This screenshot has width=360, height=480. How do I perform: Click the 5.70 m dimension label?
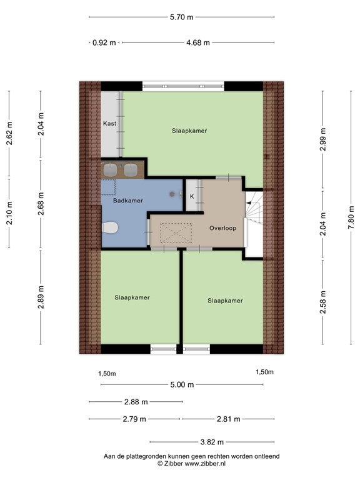click(x=181, y=17)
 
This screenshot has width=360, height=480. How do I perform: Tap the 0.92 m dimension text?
click(x=104, y=42)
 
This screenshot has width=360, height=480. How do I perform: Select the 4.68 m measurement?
click(x=198, y=42)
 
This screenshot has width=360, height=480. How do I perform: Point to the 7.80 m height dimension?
click(x=351, y=217)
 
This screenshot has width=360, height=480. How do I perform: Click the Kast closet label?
click(x=109, y=123)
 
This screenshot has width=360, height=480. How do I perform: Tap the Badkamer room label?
click(x=128, y=201)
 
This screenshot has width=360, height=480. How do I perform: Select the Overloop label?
click(x=223, y=228)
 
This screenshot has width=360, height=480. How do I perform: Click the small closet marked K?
click(x=192, y=196)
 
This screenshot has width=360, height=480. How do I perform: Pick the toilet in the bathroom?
click(x=109, y=227)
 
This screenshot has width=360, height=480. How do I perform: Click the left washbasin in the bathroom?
click(x=110, y=170)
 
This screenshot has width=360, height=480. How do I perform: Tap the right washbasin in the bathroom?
click(x=131, y=170)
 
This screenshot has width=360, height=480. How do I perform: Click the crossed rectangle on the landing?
click(x=176, y=233)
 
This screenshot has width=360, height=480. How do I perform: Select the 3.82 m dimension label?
click(x=212, y=442)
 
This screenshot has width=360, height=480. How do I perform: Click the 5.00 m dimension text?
click(x=182, y=384)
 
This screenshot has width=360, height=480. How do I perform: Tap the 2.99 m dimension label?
click(x=322, y=139)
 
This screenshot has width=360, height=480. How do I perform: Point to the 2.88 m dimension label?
click(x=136, y=402)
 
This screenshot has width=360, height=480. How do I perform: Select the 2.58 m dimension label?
click(x=322, y=302)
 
